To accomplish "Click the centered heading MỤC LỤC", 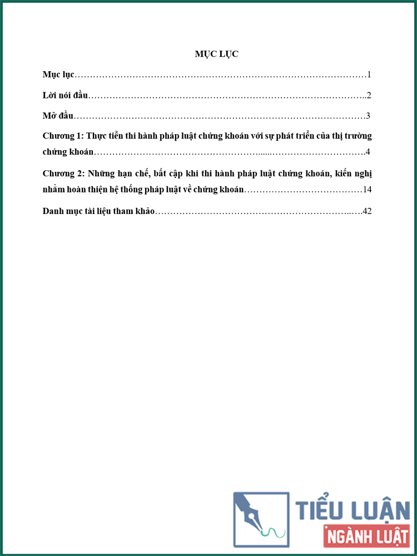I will coord(216,54).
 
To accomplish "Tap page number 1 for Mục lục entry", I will coord(369,75).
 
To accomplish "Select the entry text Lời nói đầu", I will coord(66,95).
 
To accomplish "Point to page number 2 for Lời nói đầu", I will coord(369,96).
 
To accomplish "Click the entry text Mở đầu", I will coord(58,116).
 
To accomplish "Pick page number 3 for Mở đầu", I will coord(368,116).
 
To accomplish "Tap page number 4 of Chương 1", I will coord(368,152).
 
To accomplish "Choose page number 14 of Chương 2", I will coord(367,190).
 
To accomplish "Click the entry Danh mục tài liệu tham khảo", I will coord(99,211).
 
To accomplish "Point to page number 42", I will coord(366,211).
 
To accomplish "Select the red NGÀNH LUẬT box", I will coord(366,537).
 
